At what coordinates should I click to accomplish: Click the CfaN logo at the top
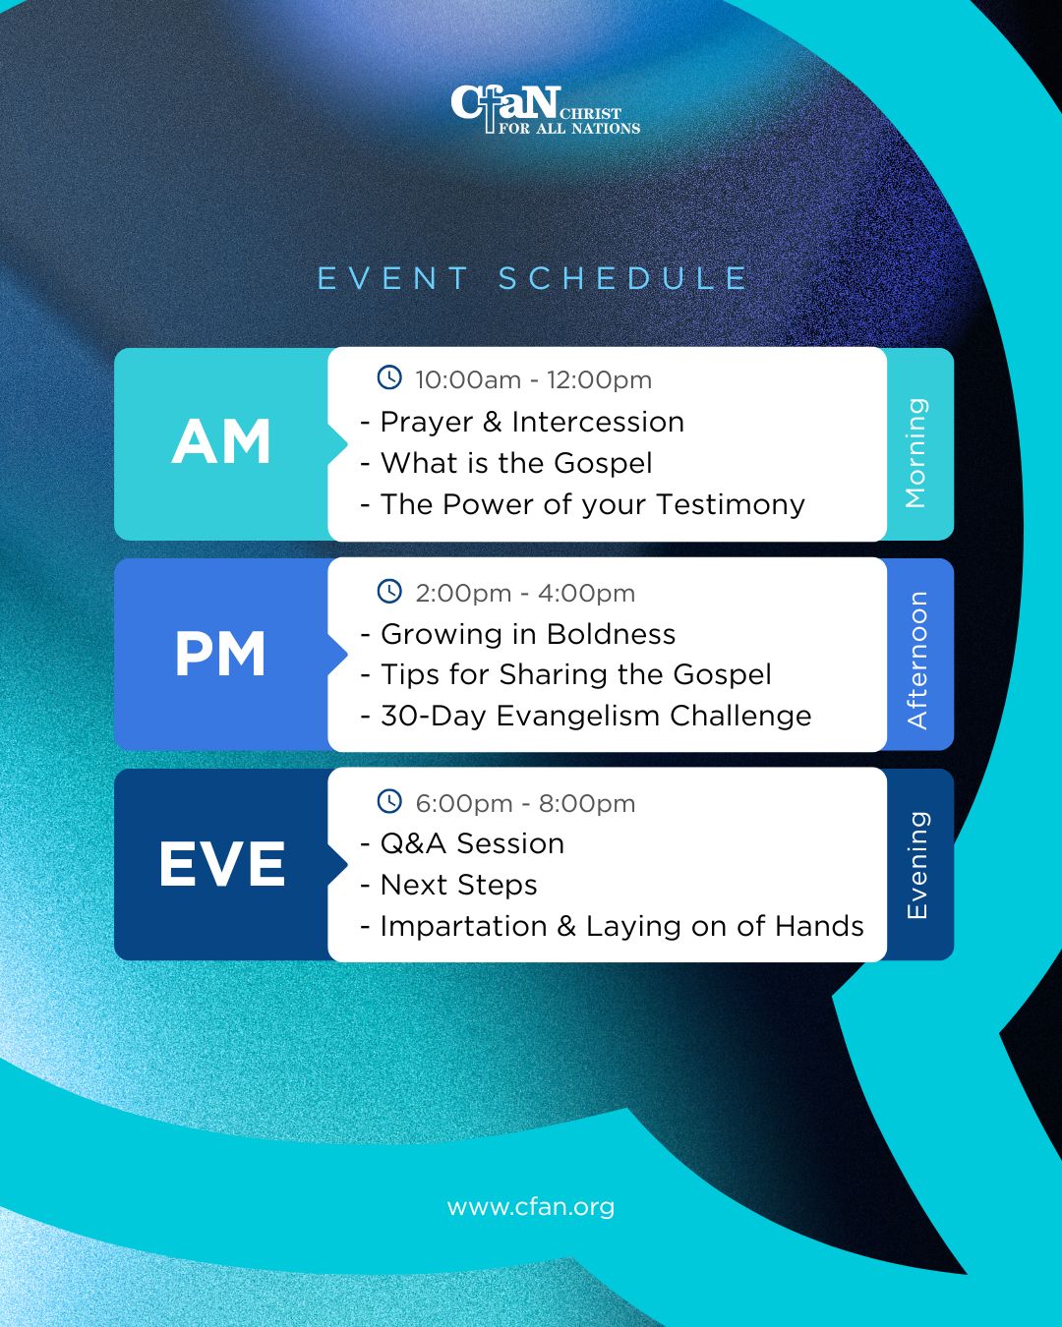(x=545, y=110)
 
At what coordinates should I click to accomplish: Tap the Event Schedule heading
(x=533, y=278)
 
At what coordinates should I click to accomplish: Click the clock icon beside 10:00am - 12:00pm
(x=389, y=376)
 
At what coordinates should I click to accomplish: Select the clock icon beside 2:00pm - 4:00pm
(x=389, y=591)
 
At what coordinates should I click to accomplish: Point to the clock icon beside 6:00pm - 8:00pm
(x=389, y=801)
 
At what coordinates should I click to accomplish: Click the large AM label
(x=221, y=441)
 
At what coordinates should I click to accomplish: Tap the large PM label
(x=220, y=654)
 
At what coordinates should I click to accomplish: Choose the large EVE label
(x=222, y=865)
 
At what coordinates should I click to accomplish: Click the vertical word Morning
(x=915, y=452)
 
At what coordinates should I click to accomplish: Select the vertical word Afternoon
(x=917, y=660)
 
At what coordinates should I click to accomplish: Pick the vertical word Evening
(x=917, y=865)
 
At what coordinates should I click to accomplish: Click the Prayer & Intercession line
(x=522, y=423)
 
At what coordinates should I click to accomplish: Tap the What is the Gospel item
(x=506, y=464)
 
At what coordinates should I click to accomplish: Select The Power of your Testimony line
(x=582, y=505)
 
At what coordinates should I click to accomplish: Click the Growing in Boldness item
(x=518, y=634)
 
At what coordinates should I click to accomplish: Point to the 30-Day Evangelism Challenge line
(x=586, y=716)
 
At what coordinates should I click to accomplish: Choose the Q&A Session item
(x=462, y=843)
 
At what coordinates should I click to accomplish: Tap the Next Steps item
(x=448, y=885)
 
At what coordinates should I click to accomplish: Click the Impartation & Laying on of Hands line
(x=612, y=926)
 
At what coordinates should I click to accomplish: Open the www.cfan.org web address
(x=531, y=1207)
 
